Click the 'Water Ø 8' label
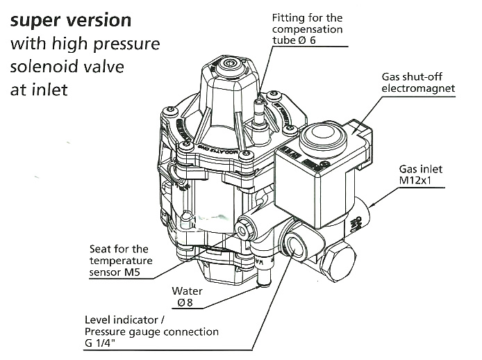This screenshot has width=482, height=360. click(x=188, y=297)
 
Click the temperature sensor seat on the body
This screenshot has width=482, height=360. click(x=244, y=227)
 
